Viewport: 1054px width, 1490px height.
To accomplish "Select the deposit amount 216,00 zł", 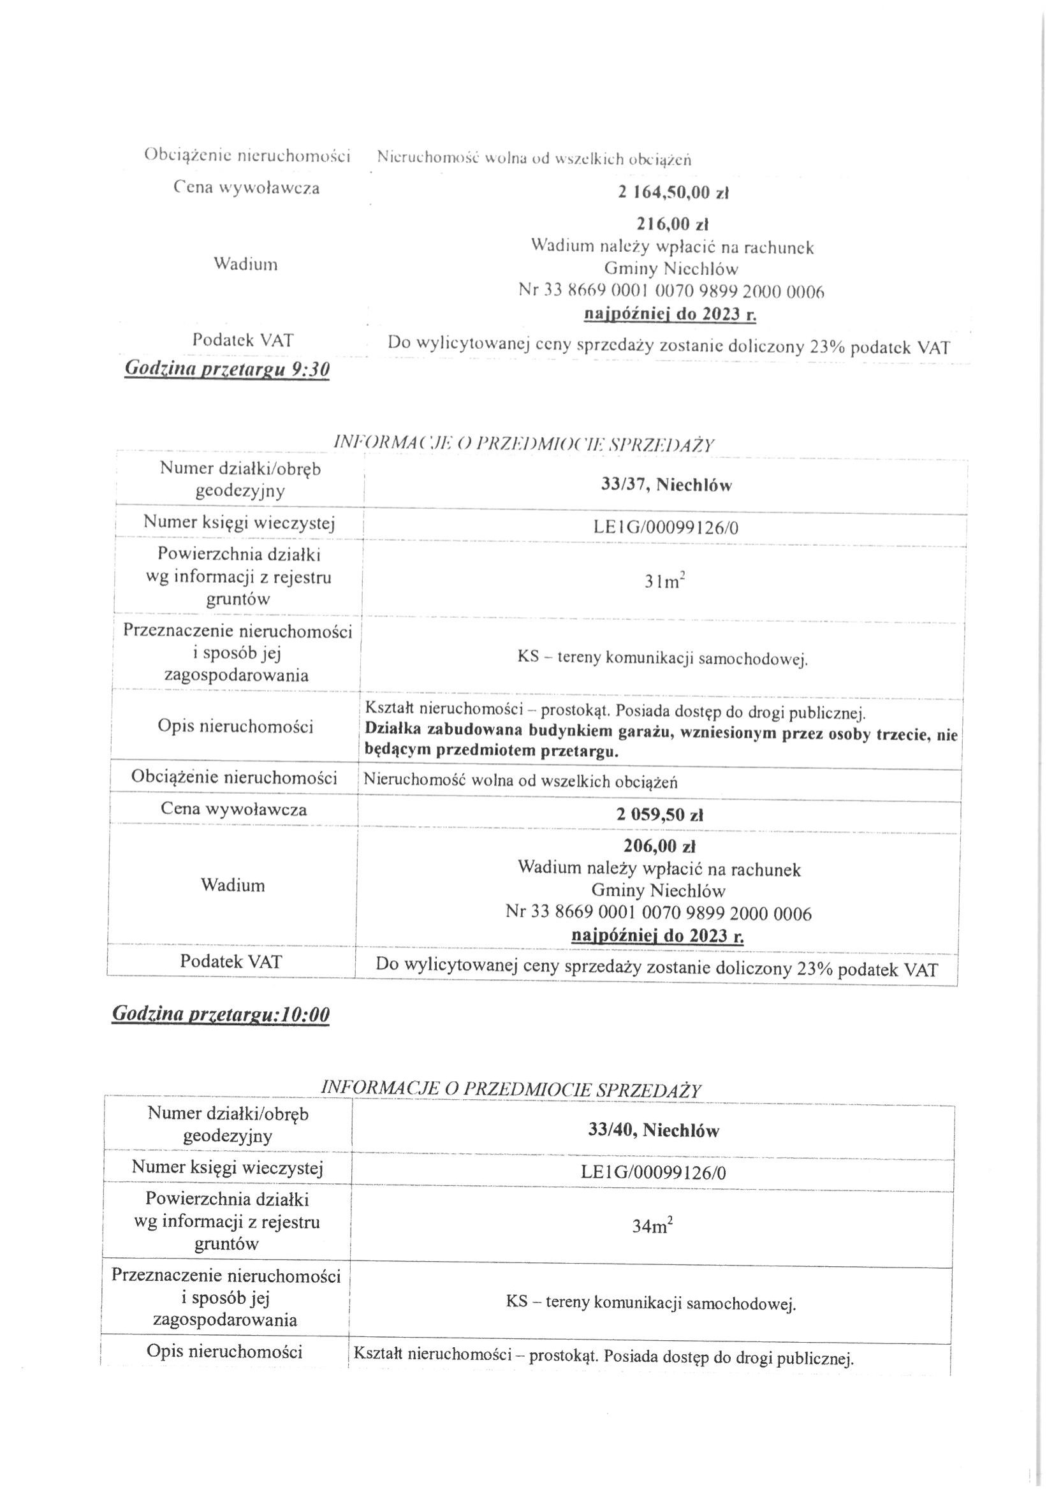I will pyautogui.click(x=671, y=224).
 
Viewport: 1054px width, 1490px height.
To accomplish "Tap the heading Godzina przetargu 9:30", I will pyautogui.click(x=226, y=369).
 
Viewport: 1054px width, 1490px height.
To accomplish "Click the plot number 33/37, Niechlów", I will pyautogui.click(x=666, y=485).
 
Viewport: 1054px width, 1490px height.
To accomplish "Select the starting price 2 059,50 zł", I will pyautogui.click(x=659, y=814).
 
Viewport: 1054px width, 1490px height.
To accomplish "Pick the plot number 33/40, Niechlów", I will pyautogui.click(x=654, y=1130).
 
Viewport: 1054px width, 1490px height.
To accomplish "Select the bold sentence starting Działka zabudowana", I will pyautogui.click(x=661, y=740).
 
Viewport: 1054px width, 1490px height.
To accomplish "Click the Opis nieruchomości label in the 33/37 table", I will pyautogui.click(x=235, y=726).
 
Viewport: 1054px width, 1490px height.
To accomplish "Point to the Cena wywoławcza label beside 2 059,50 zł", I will pyautogui.click(x=233, y=810).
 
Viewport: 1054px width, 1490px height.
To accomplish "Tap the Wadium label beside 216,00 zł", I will pyautogui.click(x=245, y=265).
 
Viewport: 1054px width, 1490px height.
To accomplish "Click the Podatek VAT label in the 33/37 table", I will pyautogui.click(x=231, y=961).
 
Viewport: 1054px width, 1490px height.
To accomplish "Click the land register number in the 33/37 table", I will pyautogui.click(x=665, y=528).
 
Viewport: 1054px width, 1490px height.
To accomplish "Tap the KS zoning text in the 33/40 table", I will pyautogui.click(x=651, y=1303).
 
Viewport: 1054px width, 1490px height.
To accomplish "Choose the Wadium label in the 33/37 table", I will pyautogui.click(x=233, y=886).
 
